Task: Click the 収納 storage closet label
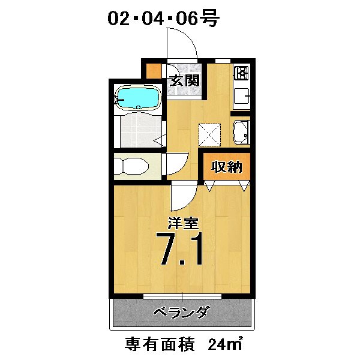pyautogui.click(x=226, y=167)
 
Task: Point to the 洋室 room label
pyautogui.click(x=182, y=224)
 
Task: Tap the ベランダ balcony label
pyautogui.click(x=181, y=313)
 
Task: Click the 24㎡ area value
pyautogui.click(x=225, y=344)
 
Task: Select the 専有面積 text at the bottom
pyautogui.click(x=161, y=344)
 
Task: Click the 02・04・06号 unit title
pyautogui.click(x=164, y=19)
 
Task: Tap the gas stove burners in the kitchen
pyautogui.click(x=242, y=73)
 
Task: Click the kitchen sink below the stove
pyautogui.click(x=242, y=97)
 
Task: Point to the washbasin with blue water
pyautogui.click(x=241, y=133)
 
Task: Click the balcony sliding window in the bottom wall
pyautogui.click(x=181, y=296)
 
